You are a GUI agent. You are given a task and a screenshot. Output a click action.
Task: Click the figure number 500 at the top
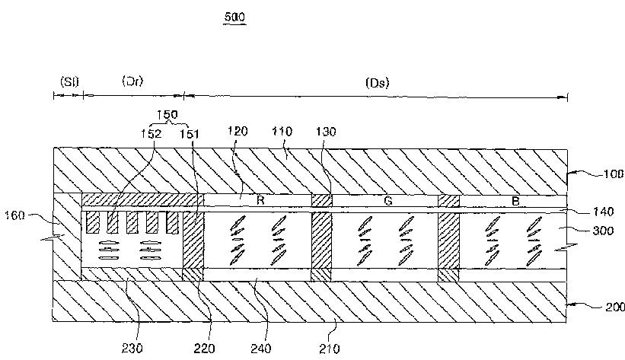235,15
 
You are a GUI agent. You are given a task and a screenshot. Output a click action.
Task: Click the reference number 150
167,116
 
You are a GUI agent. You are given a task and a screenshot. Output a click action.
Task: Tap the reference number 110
282,132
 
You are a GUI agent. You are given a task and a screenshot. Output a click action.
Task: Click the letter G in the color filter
387,202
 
